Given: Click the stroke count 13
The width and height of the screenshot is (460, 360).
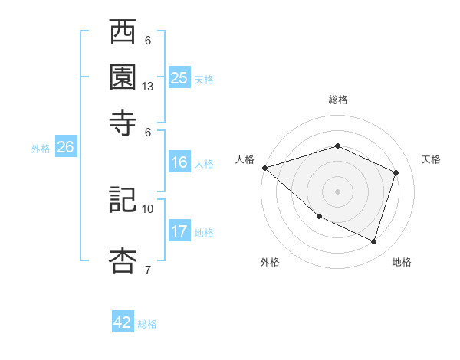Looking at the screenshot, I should (148, 87).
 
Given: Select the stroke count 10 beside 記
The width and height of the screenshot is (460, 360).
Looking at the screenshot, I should (148, 208).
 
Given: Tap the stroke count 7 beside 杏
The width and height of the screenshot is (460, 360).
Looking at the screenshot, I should (148, 270).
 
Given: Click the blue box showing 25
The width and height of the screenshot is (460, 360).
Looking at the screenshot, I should (179, 77).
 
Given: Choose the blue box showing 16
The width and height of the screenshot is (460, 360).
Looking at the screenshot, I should (179, 162).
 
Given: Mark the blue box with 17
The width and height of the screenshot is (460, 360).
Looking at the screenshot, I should (179, 231).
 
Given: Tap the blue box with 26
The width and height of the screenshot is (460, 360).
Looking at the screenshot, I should (65, 148).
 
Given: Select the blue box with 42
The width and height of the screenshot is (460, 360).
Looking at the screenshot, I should (123, 322).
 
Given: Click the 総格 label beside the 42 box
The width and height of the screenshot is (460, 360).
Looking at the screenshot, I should (147, 324).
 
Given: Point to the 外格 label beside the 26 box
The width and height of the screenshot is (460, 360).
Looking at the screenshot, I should (41, 149).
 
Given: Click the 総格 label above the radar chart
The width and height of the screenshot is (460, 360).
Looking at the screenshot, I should (337, 100).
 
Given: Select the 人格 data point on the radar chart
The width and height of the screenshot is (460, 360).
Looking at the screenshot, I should (264, 167).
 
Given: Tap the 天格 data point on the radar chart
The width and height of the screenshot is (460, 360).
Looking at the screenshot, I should (396, 172).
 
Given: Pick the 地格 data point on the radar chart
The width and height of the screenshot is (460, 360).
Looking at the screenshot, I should (373, 241).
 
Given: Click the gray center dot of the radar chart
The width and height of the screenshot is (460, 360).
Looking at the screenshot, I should (337, 191).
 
